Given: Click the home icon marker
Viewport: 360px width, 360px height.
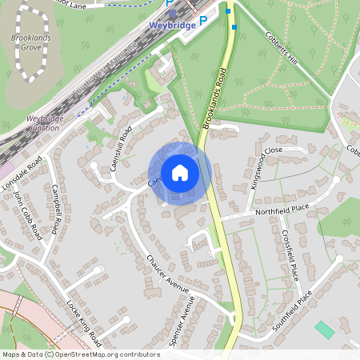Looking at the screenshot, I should click(x=180, y=173).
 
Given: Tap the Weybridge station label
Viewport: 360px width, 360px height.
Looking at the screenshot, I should click(x=172, y=26).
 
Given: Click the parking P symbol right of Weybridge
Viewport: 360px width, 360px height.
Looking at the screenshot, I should click(x=202, y=21).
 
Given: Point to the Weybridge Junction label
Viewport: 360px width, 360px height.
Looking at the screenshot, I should click(x=45, y=123).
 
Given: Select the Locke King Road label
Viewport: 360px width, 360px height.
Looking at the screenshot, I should click(x=82, y=321).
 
